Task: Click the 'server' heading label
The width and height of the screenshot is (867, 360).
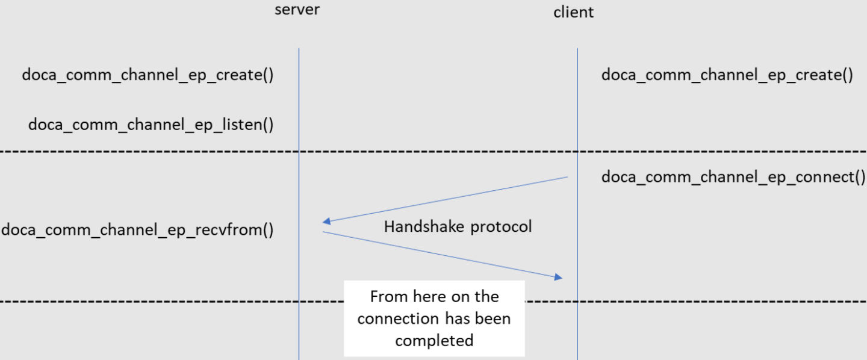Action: tap(297, 10)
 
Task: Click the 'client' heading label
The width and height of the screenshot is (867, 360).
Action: tap(573, 12)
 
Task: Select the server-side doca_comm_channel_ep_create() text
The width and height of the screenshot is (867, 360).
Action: tap(148, 75)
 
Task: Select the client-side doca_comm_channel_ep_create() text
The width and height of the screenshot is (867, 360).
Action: tap(727, 75)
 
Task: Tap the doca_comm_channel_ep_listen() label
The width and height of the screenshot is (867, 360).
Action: tap(151, 125)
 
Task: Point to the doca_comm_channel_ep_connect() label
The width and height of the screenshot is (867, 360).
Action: tap(733, 177)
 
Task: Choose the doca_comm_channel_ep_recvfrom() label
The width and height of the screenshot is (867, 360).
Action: tap(137, 230)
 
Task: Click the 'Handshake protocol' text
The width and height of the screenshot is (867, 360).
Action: tap(458, 227)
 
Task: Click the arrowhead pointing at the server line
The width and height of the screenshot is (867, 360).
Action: tap(326, 222)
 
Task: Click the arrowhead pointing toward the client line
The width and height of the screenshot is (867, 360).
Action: tap(558, 277)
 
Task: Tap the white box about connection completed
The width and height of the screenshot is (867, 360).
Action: tap(434, 318)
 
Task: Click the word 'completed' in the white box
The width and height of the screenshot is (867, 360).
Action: tap(434, 340)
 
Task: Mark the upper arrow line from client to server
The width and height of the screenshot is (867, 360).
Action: tap(446, 199)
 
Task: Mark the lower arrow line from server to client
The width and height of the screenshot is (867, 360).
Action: tap(440, 254)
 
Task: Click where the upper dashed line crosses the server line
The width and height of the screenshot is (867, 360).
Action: tap(299, 152)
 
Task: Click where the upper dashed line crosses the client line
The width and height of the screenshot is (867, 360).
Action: tap(577, 152)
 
